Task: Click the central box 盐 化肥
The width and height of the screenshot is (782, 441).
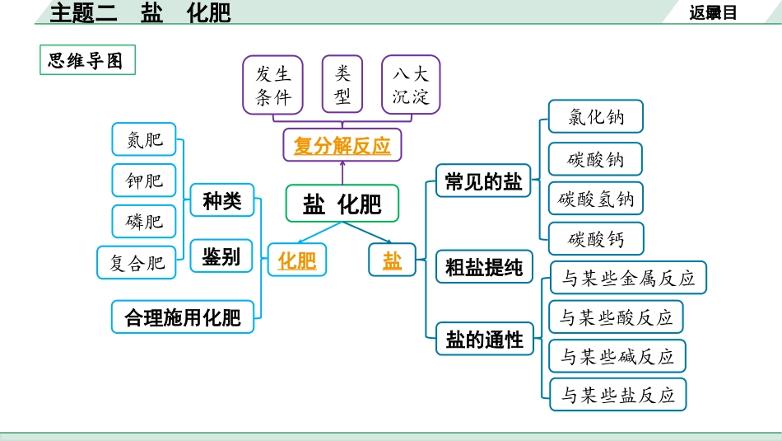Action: pyautogui.click(x=342, y=204)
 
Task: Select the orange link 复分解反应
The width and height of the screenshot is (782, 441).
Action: pyautogui.click(x=342, y=147)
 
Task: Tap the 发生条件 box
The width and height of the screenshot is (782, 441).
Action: pyautogui.click(x=272, y=85)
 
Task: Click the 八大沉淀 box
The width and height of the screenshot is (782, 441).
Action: pyautogui.click(x=411, y=85)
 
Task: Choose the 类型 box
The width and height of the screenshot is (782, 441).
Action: pyautogui.click(x=342, y=85)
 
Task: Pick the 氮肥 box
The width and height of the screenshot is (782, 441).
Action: pyautogui.click(x=144, y=140)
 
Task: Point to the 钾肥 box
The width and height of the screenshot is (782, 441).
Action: pyautogui.click(x=144, y=181)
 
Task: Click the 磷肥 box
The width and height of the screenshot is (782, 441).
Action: pyautogui.click(x=144, y=221)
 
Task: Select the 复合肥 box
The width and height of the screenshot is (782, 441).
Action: pyautogui.click(x=137, y=262)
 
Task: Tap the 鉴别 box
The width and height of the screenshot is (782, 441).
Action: pyautogui.click(x=221, y=257)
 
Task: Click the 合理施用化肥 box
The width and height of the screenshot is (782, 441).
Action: pyautogui.click(x=183, y=317)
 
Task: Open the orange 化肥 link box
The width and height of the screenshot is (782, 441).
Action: pyautogui.click(x=296, y=261)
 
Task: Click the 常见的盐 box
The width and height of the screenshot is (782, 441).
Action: pyautogui.click(x=483, y=182)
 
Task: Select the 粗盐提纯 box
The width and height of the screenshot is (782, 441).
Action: pyautogui.click(x=483, y=267)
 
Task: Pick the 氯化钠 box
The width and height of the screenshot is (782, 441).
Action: pyautogui.click(x=596, y=117)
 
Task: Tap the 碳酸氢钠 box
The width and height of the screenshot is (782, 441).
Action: pyautogui.click(x=596, y=199)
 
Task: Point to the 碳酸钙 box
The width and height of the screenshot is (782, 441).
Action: pyautogui.click(x=596, y=239)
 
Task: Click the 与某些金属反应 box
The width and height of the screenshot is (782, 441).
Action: pyautogui.click(x=628, y=278)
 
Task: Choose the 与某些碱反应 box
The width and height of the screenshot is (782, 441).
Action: pyautogui.click(x=617, y=356)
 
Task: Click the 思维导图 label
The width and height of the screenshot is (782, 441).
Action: pyautogui.click(x=86, y=60)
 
